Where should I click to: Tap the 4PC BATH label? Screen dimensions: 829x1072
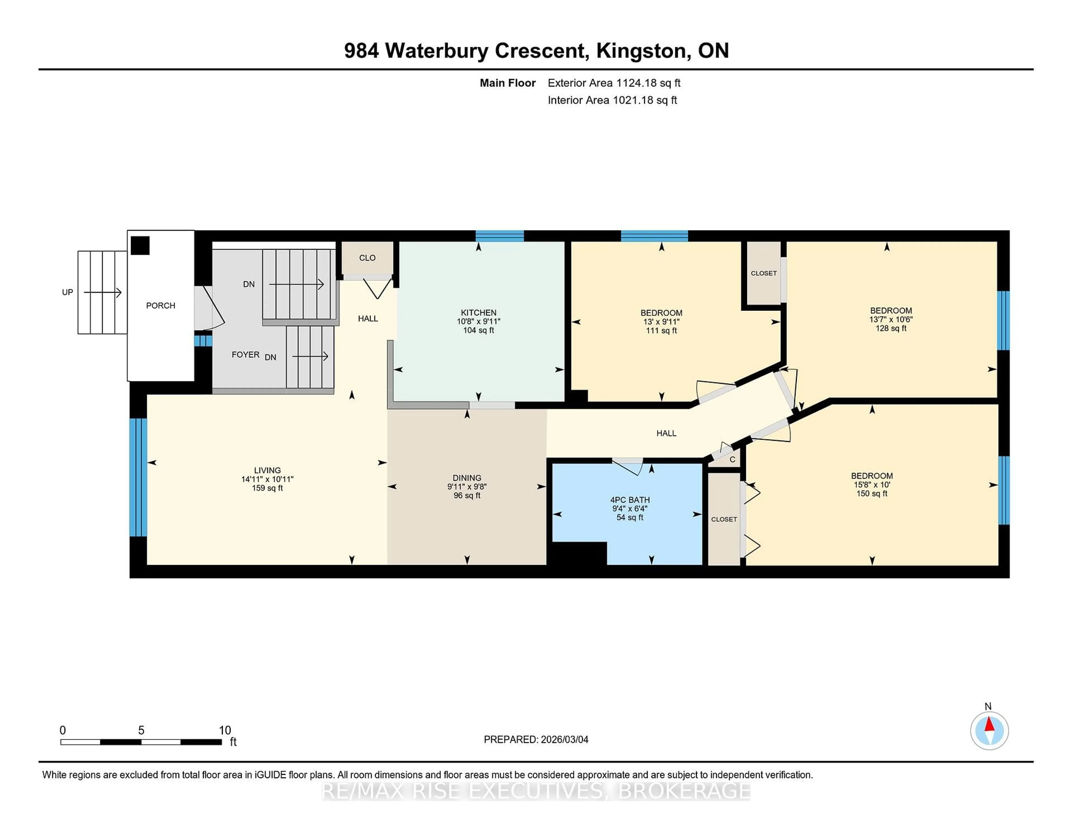(630, 500)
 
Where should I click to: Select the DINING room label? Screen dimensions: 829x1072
(467, 478)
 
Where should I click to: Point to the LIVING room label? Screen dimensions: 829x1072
(267, 470)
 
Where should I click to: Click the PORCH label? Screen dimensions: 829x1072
(161, 306)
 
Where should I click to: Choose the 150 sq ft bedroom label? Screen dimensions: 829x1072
(872, 476)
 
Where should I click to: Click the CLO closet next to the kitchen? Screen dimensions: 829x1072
(367, 258)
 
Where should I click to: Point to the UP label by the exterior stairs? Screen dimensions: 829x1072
(67, 292)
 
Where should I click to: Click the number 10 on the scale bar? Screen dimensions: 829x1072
(225, 730)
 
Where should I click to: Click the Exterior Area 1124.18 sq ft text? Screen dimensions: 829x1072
(614, 83)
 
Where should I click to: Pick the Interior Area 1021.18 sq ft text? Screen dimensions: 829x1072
(612, 100)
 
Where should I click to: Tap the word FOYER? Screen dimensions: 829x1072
(245, 354)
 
